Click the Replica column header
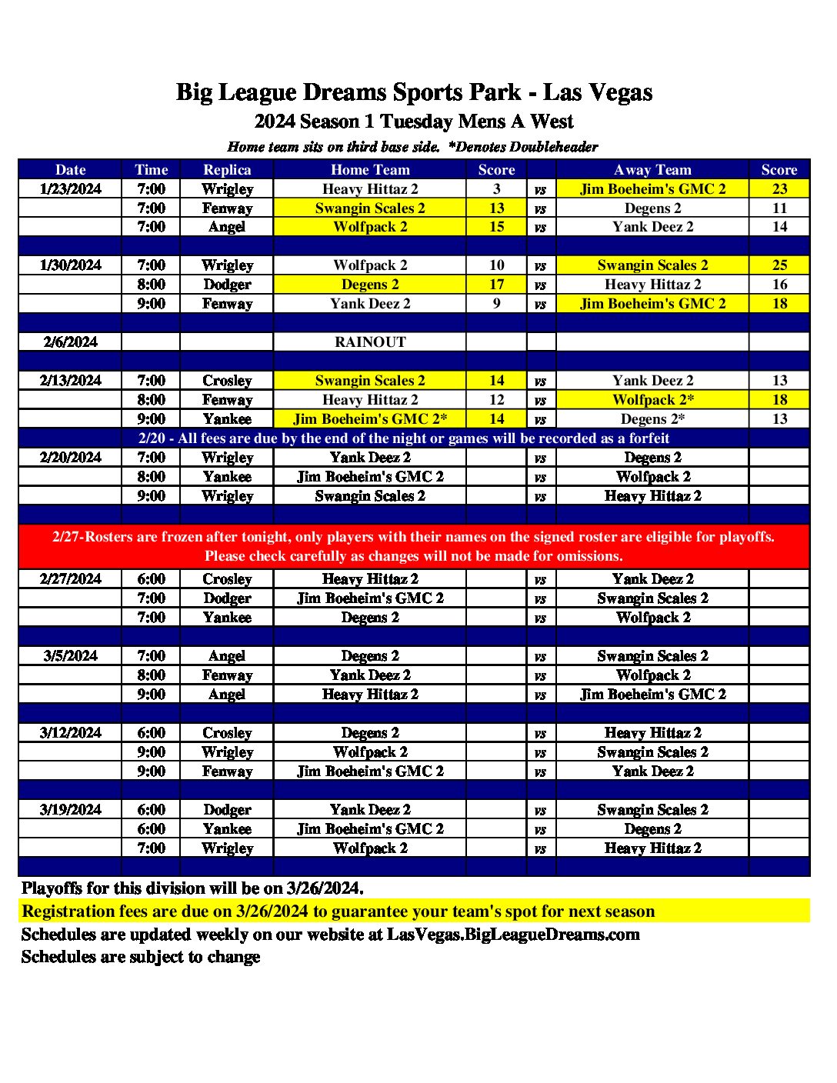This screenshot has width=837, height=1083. [227, 170]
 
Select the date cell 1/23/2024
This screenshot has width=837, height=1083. [71, 189]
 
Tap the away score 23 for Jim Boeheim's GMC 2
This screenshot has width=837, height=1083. [779, 189]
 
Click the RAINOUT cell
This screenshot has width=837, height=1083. [370, 342]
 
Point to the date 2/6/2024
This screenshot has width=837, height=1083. [71, 342]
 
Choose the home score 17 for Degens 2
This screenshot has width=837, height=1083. [496, 285]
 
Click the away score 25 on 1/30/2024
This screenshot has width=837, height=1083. [779, 265]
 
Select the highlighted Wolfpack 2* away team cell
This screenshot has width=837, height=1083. [653, 400]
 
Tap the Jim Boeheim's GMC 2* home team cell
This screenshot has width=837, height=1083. [370, 419]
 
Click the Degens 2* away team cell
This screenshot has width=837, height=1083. [653, 419]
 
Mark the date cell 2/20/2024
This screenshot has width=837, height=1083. [71, 458]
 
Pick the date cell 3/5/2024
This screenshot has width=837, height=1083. [71, 656]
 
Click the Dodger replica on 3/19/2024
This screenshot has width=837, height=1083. [227, 810]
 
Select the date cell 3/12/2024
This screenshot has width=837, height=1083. [71, 733]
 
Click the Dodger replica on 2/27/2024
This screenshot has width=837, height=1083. [227, 598]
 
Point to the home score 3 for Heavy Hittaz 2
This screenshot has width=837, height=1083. [496, 189]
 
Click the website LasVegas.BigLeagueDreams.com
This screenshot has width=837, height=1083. [513, 935]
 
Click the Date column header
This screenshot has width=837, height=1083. [71, 170]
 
